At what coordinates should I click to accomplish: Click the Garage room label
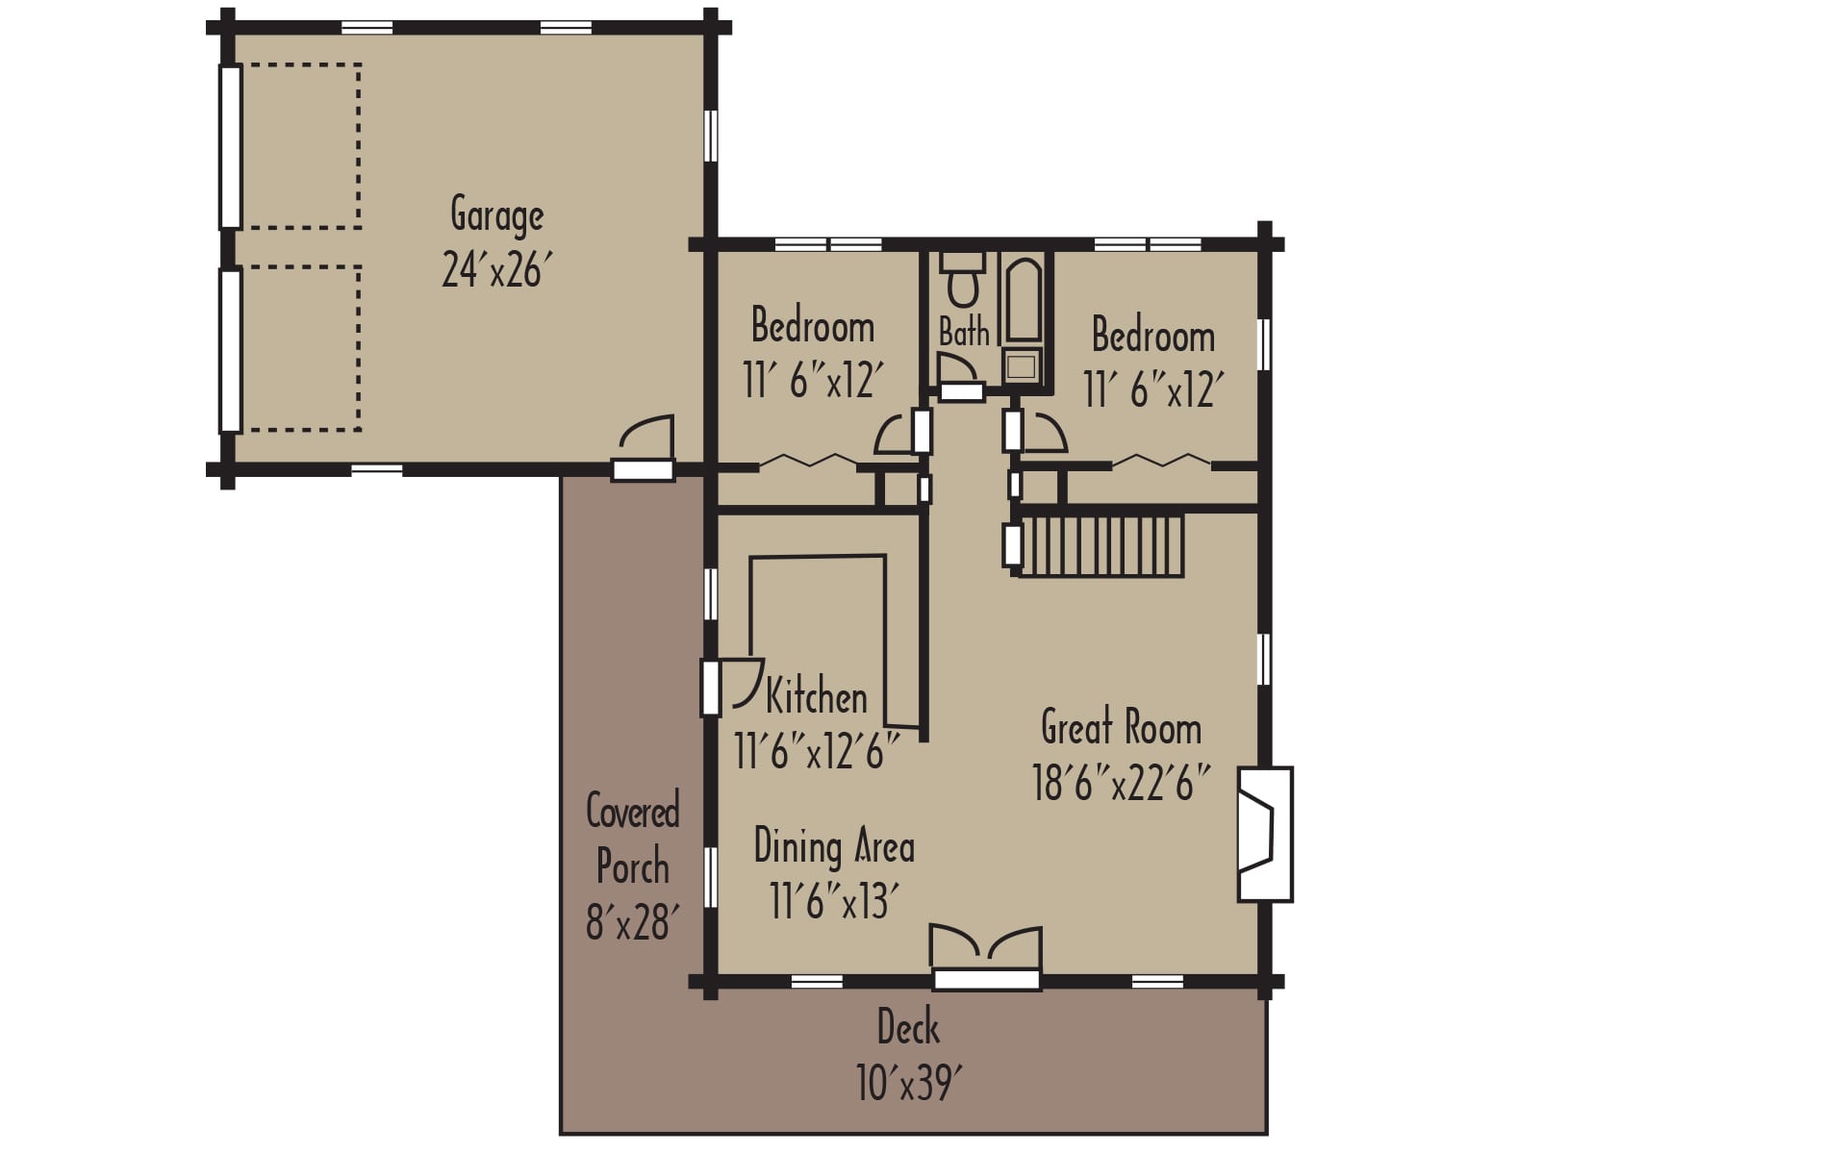tap(496, 215)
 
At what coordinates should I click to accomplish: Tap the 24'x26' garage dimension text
tap(496, 270)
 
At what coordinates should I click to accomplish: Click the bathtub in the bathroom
tap(1023, 298)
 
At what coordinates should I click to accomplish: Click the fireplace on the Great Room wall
tap(1264, 834)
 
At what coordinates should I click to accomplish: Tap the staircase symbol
tap(1101, 546)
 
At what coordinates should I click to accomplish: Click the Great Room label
tap(1121, 728)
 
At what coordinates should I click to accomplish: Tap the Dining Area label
tap(833, 847)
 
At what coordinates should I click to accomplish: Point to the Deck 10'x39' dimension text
tap(907, 1084)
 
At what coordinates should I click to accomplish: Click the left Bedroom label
tap(813, 326)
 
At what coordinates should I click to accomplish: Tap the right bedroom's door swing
tap(1044, 433)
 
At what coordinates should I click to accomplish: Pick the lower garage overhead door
tap(230, 350)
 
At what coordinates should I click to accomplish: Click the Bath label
tap(963, 333)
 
